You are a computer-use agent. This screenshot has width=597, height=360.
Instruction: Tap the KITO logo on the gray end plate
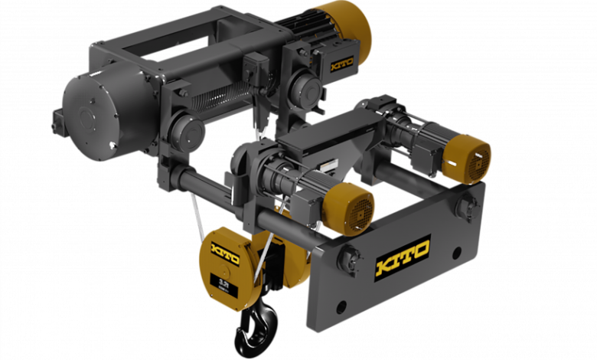point(402,258)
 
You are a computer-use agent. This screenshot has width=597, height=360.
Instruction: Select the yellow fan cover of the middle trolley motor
point(350,208)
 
